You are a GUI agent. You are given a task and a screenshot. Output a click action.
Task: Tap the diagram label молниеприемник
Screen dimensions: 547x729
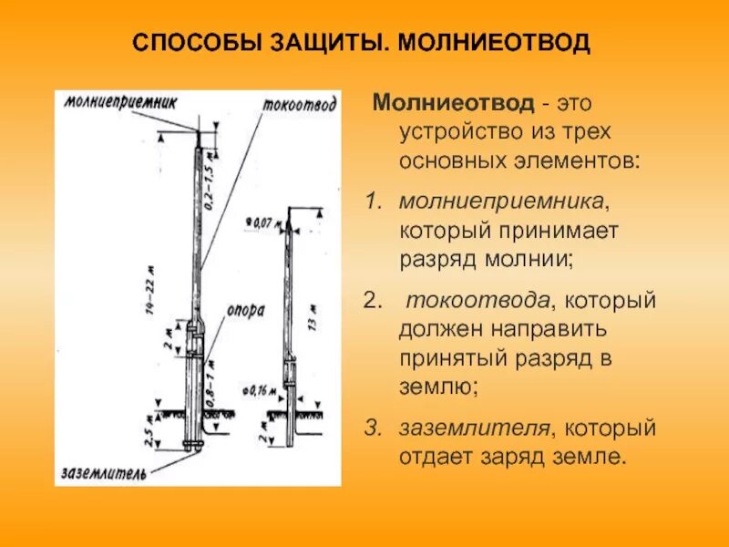tap(119, 99)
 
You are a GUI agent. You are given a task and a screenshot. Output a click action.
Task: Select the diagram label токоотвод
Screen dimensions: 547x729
tap(299, 103)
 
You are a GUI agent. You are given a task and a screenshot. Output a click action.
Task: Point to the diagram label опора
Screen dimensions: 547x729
tap(246, 309)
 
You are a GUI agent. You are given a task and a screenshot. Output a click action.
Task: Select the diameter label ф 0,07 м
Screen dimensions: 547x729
tap(262, 221)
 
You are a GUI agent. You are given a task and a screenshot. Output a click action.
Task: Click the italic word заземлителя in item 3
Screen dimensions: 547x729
tap(476, 426)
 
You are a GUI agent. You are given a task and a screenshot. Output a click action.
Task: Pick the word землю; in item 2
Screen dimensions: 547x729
tap(438, 386)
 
